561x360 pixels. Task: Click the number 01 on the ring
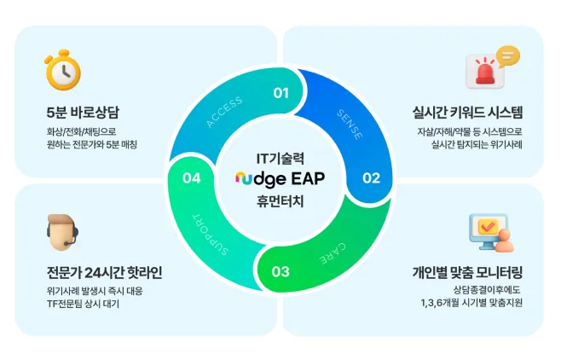281,92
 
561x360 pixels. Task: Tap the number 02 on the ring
371,177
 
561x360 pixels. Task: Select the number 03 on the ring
281,272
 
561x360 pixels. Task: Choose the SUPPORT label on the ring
211,235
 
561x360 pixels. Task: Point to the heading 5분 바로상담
84,113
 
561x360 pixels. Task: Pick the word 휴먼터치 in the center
280,203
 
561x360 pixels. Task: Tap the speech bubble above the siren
508,56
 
